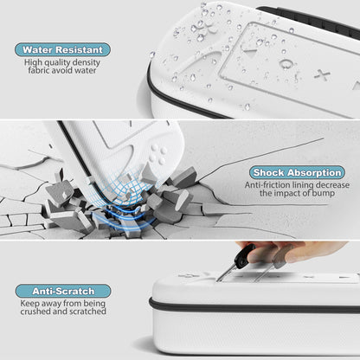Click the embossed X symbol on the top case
pyautogui.click(x=322, y=74)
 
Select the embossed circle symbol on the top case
pyautogui.click(x=286, y=63)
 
